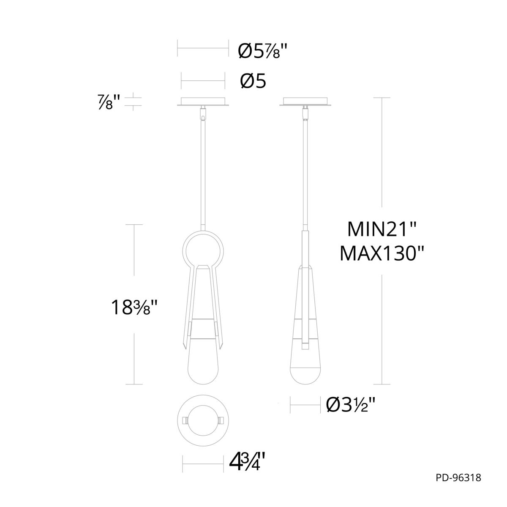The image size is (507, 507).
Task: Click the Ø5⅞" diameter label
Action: click(x=262, y=52)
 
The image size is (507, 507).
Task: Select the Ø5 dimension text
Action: click(x=253, y=81)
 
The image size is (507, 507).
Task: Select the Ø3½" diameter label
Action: click(x=351, y=406)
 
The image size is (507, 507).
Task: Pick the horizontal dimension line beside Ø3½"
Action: click(x=305, y=406)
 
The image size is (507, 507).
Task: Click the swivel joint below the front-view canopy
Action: click(x=203, y=113)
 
